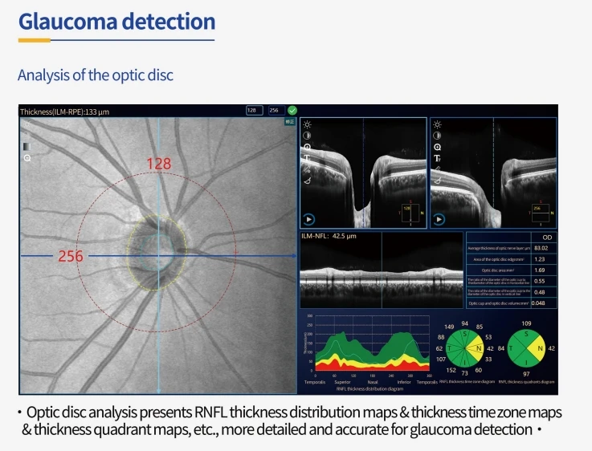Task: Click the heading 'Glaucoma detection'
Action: point(116,21)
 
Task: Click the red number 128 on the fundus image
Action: point(159,164)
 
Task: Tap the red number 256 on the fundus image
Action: point(71,257)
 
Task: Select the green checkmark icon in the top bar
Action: point(292,110)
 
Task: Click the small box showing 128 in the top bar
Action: point(254,110)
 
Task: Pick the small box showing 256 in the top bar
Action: point(275,110)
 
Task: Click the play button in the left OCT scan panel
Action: point(308,218)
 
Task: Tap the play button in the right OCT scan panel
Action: point(439,218)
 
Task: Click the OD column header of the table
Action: point(545,238)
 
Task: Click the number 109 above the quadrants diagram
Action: point(526,323)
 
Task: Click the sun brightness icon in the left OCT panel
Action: point(307,124)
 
